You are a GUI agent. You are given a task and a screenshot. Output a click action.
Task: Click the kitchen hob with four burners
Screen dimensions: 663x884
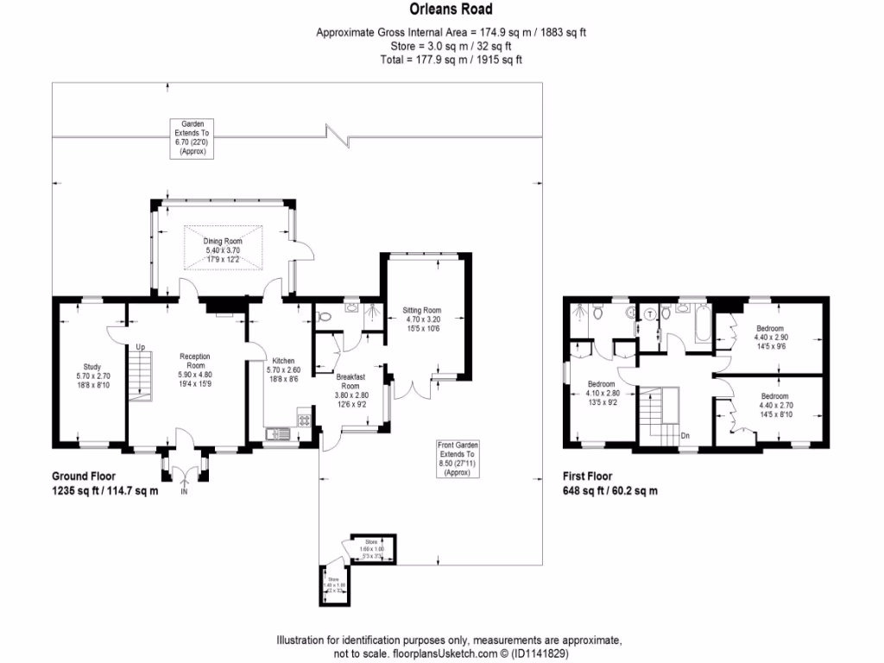pyautogui.click(x=304, y=420)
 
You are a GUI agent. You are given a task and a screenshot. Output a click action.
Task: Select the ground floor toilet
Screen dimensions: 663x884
pyautogui.click(x=324, y=317)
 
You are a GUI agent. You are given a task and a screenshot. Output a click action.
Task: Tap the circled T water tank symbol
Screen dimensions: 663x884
pyautogui.click(x=649, y=314)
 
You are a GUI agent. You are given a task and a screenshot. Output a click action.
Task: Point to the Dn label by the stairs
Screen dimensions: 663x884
pyautogui.click(x=685, y=436)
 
